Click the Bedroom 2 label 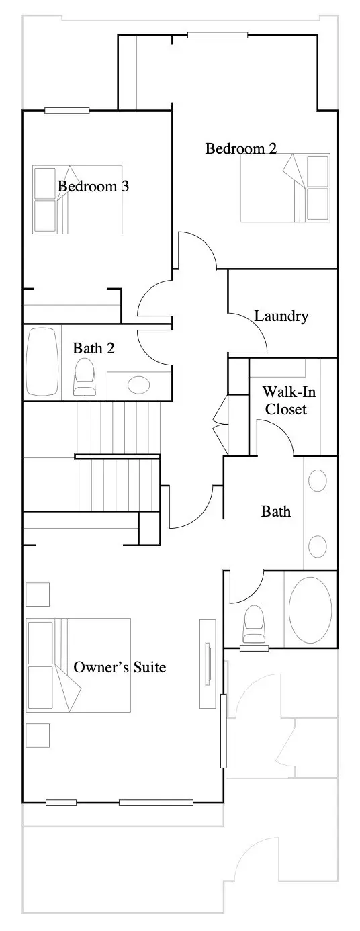pos(241,148)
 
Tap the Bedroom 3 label pos(93,186)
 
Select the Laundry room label pos(281,316)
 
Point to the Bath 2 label pos(93,348)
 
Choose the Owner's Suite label pos(120,667)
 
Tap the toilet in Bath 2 pos(85,377)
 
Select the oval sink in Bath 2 pos(139,385)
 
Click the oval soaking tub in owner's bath pos(310,609)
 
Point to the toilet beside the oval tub pos(254,624)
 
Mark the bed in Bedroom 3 pos(78,199)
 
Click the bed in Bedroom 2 pos(285,187)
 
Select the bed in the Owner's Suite pos(79,665)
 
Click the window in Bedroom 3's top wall pos(67,111)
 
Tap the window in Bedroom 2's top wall pos(218,35)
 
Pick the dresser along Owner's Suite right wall pos(208,664)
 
